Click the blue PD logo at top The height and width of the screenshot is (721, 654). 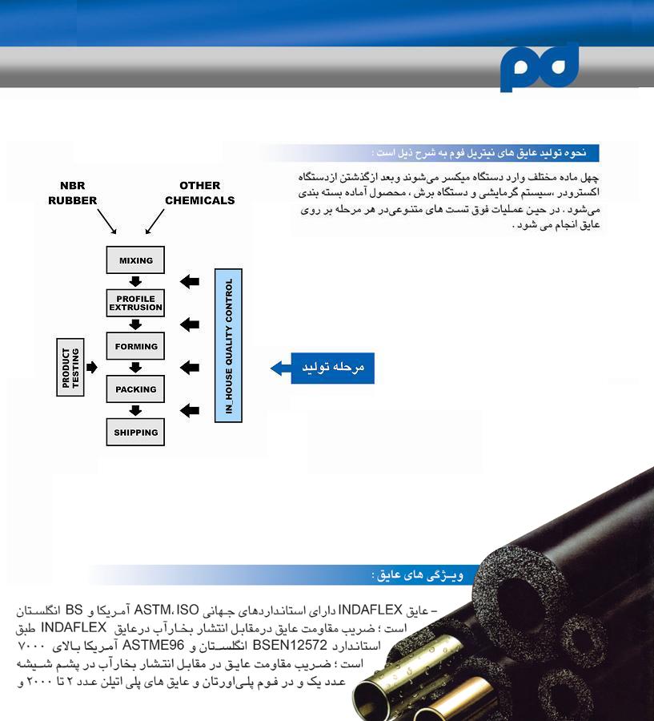539,67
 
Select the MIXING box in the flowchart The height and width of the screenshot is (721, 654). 135,260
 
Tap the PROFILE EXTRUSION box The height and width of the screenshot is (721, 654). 135,303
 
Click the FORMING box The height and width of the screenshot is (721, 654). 135,346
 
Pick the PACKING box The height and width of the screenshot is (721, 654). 135,389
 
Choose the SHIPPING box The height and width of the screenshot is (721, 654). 135,432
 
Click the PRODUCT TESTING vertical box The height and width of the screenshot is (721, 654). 71,368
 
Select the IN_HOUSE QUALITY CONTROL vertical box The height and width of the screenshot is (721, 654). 229,345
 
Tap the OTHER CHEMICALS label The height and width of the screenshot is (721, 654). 199,193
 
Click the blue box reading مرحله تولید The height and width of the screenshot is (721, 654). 332,367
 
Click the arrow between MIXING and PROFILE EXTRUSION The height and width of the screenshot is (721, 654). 135,281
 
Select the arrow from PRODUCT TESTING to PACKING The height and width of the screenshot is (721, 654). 92,368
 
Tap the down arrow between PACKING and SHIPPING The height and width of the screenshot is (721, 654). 135,410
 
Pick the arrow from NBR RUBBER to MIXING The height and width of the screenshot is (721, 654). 106,220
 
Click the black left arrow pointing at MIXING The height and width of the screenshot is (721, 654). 190,281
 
